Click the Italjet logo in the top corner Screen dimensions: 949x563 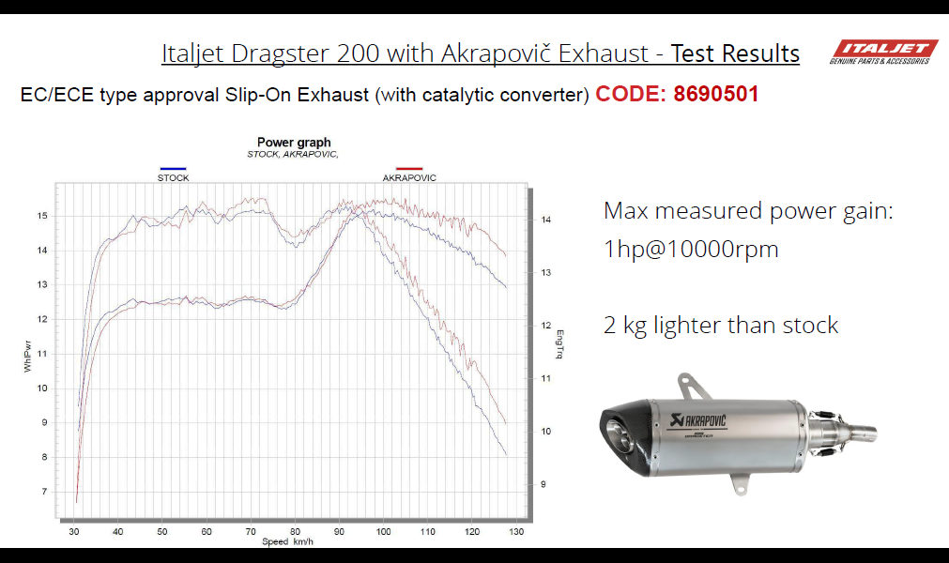[883, 52]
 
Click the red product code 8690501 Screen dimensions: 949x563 [715, 94]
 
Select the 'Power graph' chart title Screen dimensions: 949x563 [294, 142]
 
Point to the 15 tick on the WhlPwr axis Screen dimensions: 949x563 [41, 215]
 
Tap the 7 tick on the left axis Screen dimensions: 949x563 [44, 492]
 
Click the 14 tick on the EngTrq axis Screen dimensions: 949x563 [546, 220]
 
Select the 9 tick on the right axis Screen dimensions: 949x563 [543, 484]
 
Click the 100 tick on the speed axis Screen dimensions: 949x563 [383, 531]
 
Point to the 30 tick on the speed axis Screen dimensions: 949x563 [74, 531]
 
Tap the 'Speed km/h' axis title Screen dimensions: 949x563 [287, 541]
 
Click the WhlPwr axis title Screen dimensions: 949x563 [27, 357]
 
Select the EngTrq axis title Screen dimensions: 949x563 [559, 344]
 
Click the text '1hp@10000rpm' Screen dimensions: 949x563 [691, 250]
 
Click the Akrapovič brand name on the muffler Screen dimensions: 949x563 [699, 419]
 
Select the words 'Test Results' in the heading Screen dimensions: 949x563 [735, 53]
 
